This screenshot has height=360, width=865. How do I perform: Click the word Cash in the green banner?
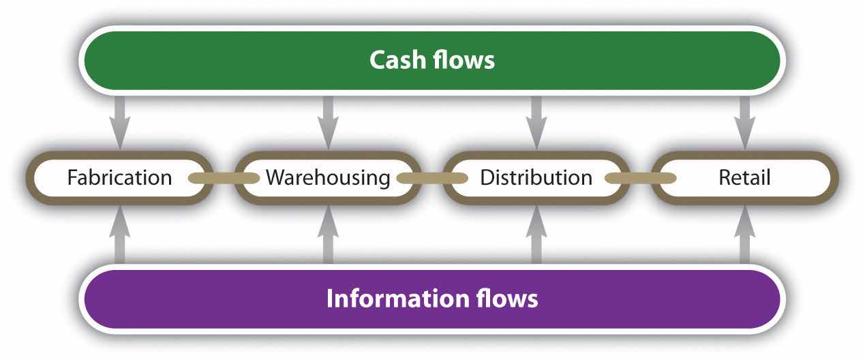pyautogui.click(x=399, y=60)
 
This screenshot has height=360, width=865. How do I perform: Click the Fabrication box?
pyautogui.click(x=119, y=178)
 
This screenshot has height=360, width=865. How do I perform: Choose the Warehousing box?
pyautogui.click(x=328, y=178)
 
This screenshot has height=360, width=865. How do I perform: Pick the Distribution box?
pyautogui.click(x=536, y=178)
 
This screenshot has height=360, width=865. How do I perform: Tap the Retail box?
pyautogui.click(x=744, y=178)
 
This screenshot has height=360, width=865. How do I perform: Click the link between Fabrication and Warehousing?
pyautogui.click(x=224, y=179)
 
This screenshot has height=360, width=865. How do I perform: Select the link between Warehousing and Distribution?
pyautogui.click(x=432, y=179)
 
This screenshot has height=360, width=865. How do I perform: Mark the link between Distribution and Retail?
pyautogui.click(x=640, y=179)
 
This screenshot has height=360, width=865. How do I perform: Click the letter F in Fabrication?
pyautogui.click(x=72, y=179)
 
